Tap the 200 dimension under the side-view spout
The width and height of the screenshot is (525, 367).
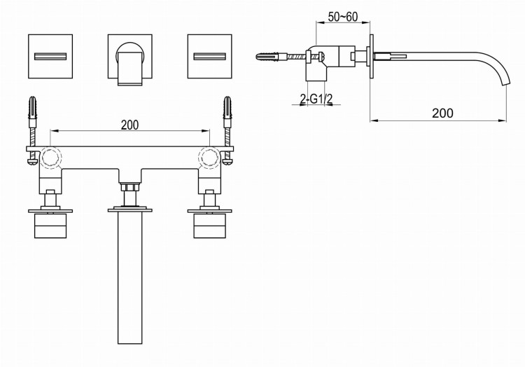(x=442, y=112)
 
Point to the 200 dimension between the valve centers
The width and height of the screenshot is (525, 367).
(x=129, y=125)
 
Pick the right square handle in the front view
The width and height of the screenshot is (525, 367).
(x=209, y=55)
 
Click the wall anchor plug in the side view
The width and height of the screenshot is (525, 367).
(x=270, y=55)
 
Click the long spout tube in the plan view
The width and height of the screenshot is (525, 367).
(x=129, y=280)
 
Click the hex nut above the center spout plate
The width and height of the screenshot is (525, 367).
(x=129, y=188)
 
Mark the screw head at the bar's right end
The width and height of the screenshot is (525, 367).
(x=228, y=161)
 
